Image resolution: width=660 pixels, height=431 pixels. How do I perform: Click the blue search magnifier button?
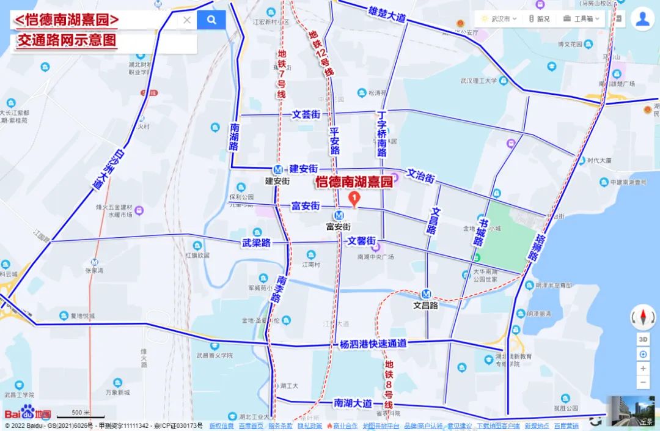point(211,20)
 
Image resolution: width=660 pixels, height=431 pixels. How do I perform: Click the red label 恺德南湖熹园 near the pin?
point(354,182)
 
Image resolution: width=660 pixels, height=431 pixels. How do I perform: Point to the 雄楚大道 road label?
point(387,13)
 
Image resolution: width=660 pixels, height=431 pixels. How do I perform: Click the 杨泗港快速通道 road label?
point(373,344)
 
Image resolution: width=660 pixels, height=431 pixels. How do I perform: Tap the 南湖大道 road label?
point(353,403)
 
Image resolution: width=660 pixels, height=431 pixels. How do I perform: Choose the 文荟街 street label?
point(306,114)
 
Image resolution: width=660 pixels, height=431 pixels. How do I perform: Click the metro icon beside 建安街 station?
point(278,169)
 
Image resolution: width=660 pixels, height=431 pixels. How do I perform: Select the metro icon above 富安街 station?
point(338,215)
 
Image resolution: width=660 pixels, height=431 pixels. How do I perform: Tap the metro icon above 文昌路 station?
point(427,294)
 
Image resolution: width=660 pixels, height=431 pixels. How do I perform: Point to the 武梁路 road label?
point(256,243)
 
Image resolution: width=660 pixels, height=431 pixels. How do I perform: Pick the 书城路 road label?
point(480,233)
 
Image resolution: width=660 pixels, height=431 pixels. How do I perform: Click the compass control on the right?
point(643,317)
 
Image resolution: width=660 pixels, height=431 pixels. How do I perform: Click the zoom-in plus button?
point(643,369)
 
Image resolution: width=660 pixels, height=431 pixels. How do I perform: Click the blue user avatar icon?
point(642,18)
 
